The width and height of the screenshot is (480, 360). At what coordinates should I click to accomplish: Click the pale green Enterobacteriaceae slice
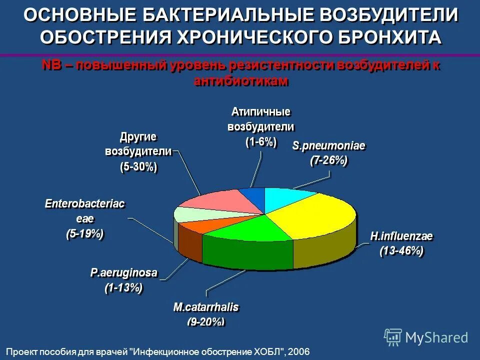tap(187, 213)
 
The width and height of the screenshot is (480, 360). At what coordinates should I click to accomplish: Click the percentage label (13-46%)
tap(401, 251)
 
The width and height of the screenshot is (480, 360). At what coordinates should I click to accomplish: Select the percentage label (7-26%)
tap(328, 160)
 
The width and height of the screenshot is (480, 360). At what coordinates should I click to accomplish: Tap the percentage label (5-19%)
tap(85, 233)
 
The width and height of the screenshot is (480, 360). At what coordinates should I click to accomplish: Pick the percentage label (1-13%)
tap(123, 288)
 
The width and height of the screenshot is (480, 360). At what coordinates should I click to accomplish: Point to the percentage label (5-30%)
tap(138, 167)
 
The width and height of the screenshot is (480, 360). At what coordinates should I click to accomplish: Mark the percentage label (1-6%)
tap(260, 142)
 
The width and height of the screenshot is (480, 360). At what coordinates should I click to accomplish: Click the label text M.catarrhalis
tap(206, 306)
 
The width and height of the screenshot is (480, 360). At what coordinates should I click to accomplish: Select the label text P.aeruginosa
tap(124, 272)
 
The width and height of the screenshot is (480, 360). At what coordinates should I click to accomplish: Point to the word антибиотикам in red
tap(241, 81)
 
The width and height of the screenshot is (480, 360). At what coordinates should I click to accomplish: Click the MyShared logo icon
tap(393, 337)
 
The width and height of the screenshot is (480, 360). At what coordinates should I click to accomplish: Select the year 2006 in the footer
tap(299, 351)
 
